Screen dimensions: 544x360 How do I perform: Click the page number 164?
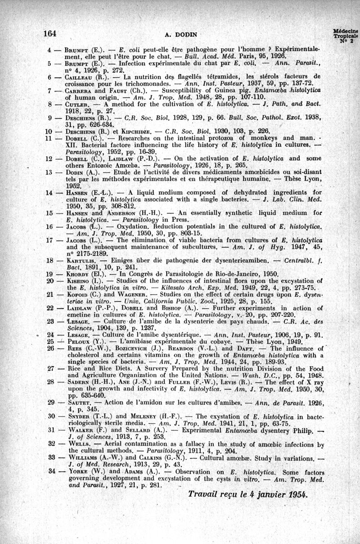49,33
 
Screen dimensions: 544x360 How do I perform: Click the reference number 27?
50,367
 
